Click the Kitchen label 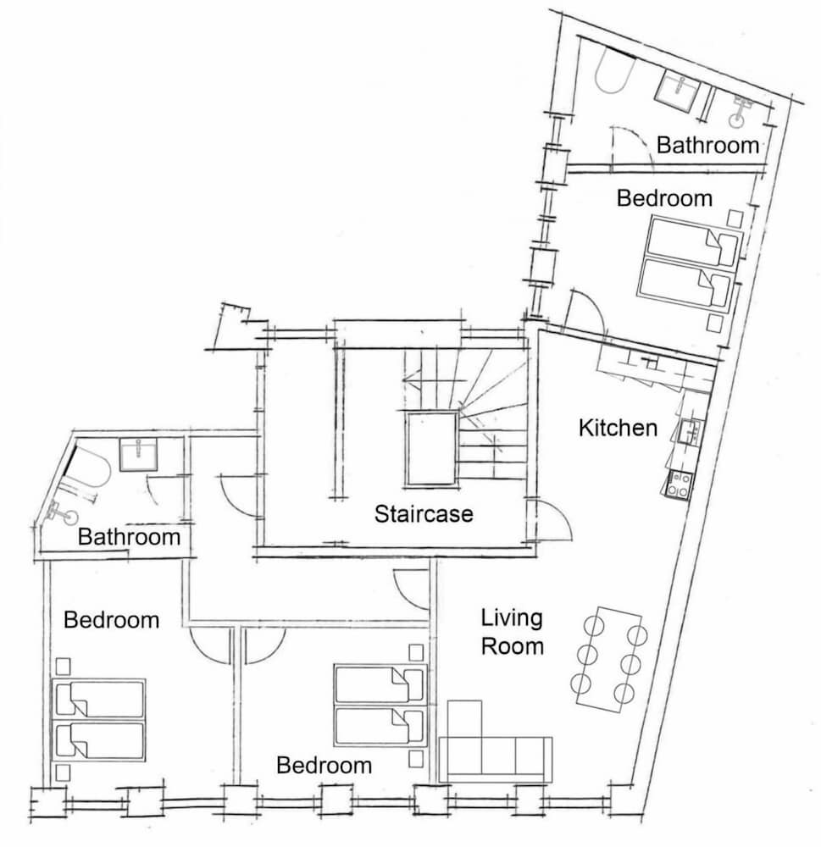pos(618,428)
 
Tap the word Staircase pos(424,514)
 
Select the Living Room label pos(512,632)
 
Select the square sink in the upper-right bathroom pos(678,92)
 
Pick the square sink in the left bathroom pos(138,455)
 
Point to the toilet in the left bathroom pos(64,514)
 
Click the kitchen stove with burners pos(678,484)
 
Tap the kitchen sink pos(691,432)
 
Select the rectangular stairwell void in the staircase pos(431,449)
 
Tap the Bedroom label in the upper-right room pos(664,198)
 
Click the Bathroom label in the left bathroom pos(129,537)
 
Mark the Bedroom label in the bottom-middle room pos(324,766)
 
